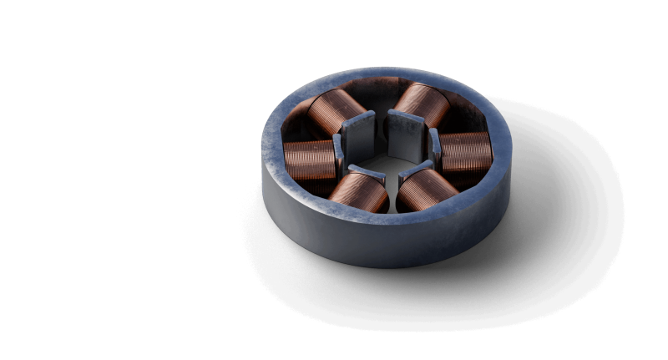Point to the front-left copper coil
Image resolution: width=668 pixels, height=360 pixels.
click(357, 193)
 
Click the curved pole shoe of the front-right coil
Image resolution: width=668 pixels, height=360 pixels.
click(412, 172)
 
